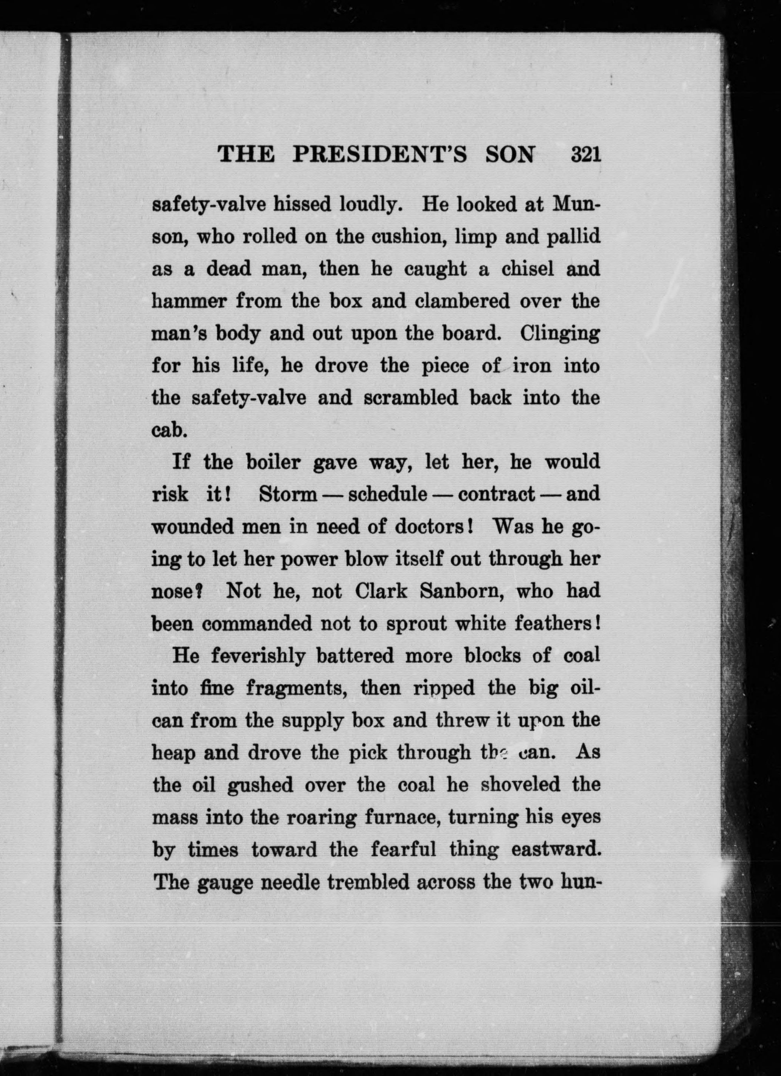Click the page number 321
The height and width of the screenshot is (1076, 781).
pyautogui.click(x=586, y=155)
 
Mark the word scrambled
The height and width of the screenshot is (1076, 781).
pyautogui.click(x=410, y=398)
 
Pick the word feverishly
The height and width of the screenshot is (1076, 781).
pyautogui.click(x=258, y=656)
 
